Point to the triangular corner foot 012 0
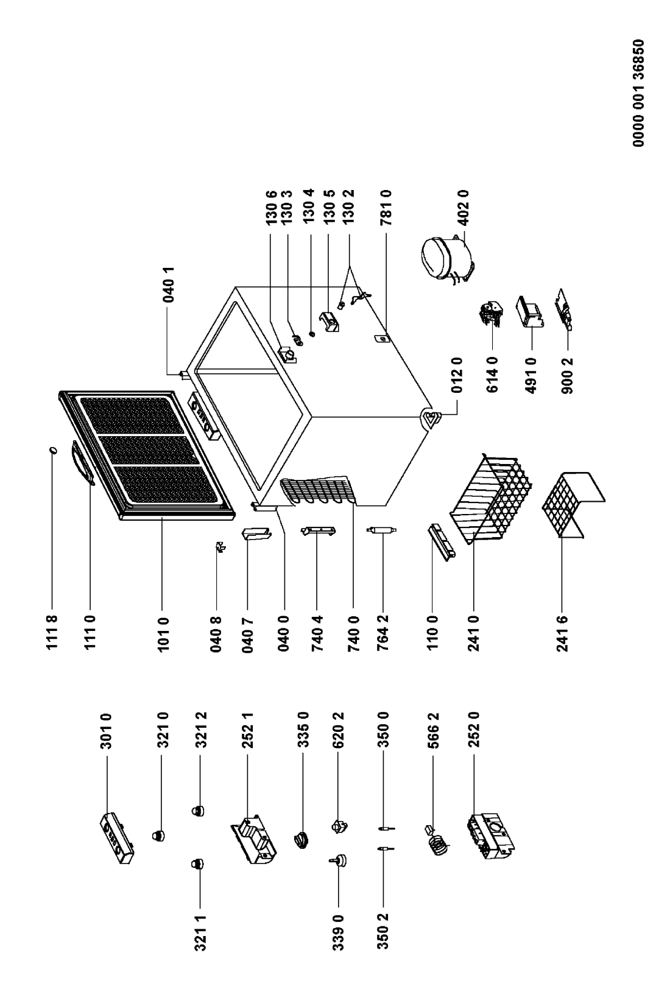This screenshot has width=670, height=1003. point(432,418)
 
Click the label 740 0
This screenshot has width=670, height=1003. point(357,633)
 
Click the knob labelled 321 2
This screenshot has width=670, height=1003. point(197,811)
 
